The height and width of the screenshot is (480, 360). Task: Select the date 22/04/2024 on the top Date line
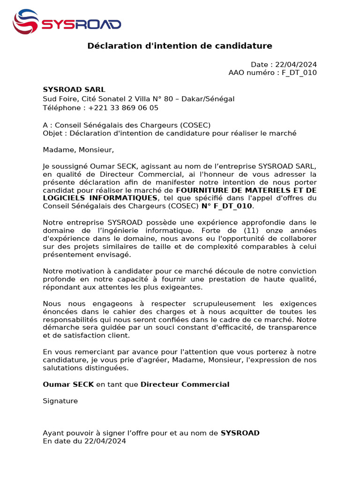coord(296,65)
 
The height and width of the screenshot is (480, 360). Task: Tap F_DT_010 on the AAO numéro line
coord(299,73)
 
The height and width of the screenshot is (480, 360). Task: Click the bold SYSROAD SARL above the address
coord(74,90)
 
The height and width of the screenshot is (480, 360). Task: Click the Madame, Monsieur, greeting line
coord(78,150)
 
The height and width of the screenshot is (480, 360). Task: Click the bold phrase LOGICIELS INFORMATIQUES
coord(100,198)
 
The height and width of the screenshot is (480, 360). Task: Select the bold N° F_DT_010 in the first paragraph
coord(227,206)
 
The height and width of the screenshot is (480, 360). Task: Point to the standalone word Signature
coord(60,401)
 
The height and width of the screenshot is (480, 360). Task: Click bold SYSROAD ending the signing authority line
coord(240,433)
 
